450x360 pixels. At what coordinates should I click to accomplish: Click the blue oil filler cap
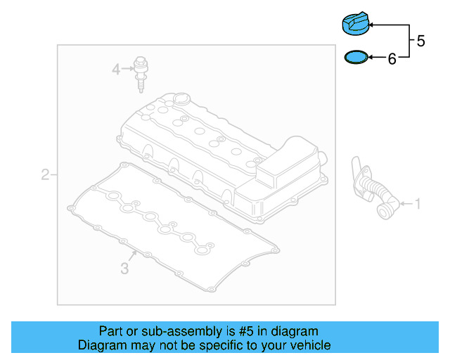(355, 22)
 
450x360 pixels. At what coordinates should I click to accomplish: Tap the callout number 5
(420, 41)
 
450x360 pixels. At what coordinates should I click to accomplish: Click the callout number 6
(392, 59)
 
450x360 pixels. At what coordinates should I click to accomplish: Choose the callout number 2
(45, 174)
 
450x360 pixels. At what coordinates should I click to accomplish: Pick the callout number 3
(124, 268)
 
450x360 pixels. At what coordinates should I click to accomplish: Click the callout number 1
(418, 205)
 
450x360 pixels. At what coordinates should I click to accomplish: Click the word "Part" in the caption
(111, 331)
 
